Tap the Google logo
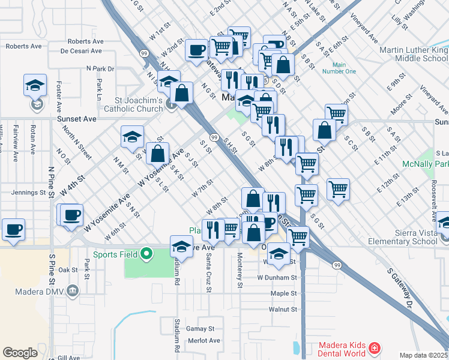point(20,353)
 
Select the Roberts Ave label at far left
point(24,46)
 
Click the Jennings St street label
point(28,193)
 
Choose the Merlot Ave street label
point(203,340)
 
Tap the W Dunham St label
point(277,278)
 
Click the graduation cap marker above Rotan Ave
point(35,85)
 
